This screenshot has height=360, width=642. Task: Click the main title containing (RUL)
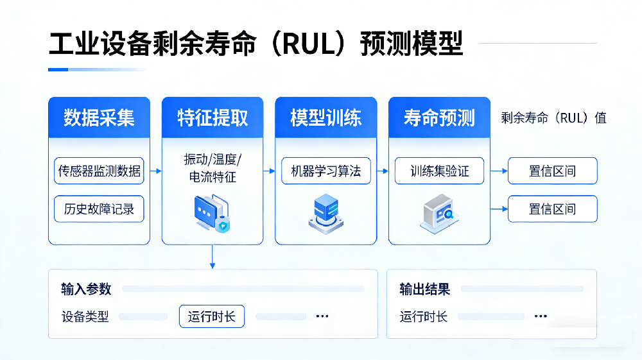click(x=256, y=44)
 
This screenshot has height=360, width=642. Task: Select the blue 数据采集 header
click(x=99, y=117)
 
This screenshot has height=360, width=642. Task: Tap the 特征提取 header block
click(x=213, y=117)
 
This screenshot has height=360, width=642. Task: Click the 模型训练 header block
click(x=325, y=117)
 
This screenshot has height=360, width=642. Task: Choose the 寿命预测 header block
click(x=439, y=117)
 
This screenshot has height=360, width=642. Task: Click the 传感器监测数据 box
click(x=99, y=171)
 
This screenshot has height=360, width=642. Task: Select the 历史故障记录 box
click(x=99, y=209)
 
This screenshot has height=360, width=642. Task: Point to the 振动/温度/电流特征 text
click(x=213, y=169)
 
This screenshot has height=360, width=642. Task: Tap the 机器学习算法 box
click(x=326, y=171)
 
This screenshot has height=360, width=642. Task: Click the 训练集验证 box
click(x=439, y=171)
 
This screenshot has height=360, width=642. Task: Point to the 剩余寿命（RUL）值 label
click(x=553, y=118)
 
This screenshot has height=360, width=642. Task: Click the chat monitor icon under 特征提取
click(x=211, y=214)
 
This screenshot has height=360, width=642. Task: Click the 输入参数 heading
click(x=86, y=289)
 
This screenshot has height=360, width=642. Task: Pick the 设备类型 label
click(x=85, y=316)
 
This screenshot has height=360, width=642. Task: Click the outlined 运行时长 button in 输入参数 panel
click(x=211, y=316)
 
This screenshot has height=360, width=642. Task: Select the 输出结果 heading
click(x=424, y=289)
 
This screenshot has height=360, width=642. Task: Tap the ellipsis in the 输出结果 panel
click(x=541, y=316)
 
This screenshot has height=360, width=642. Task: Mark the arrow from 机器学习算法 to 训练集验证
click(x=383, y=171)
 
